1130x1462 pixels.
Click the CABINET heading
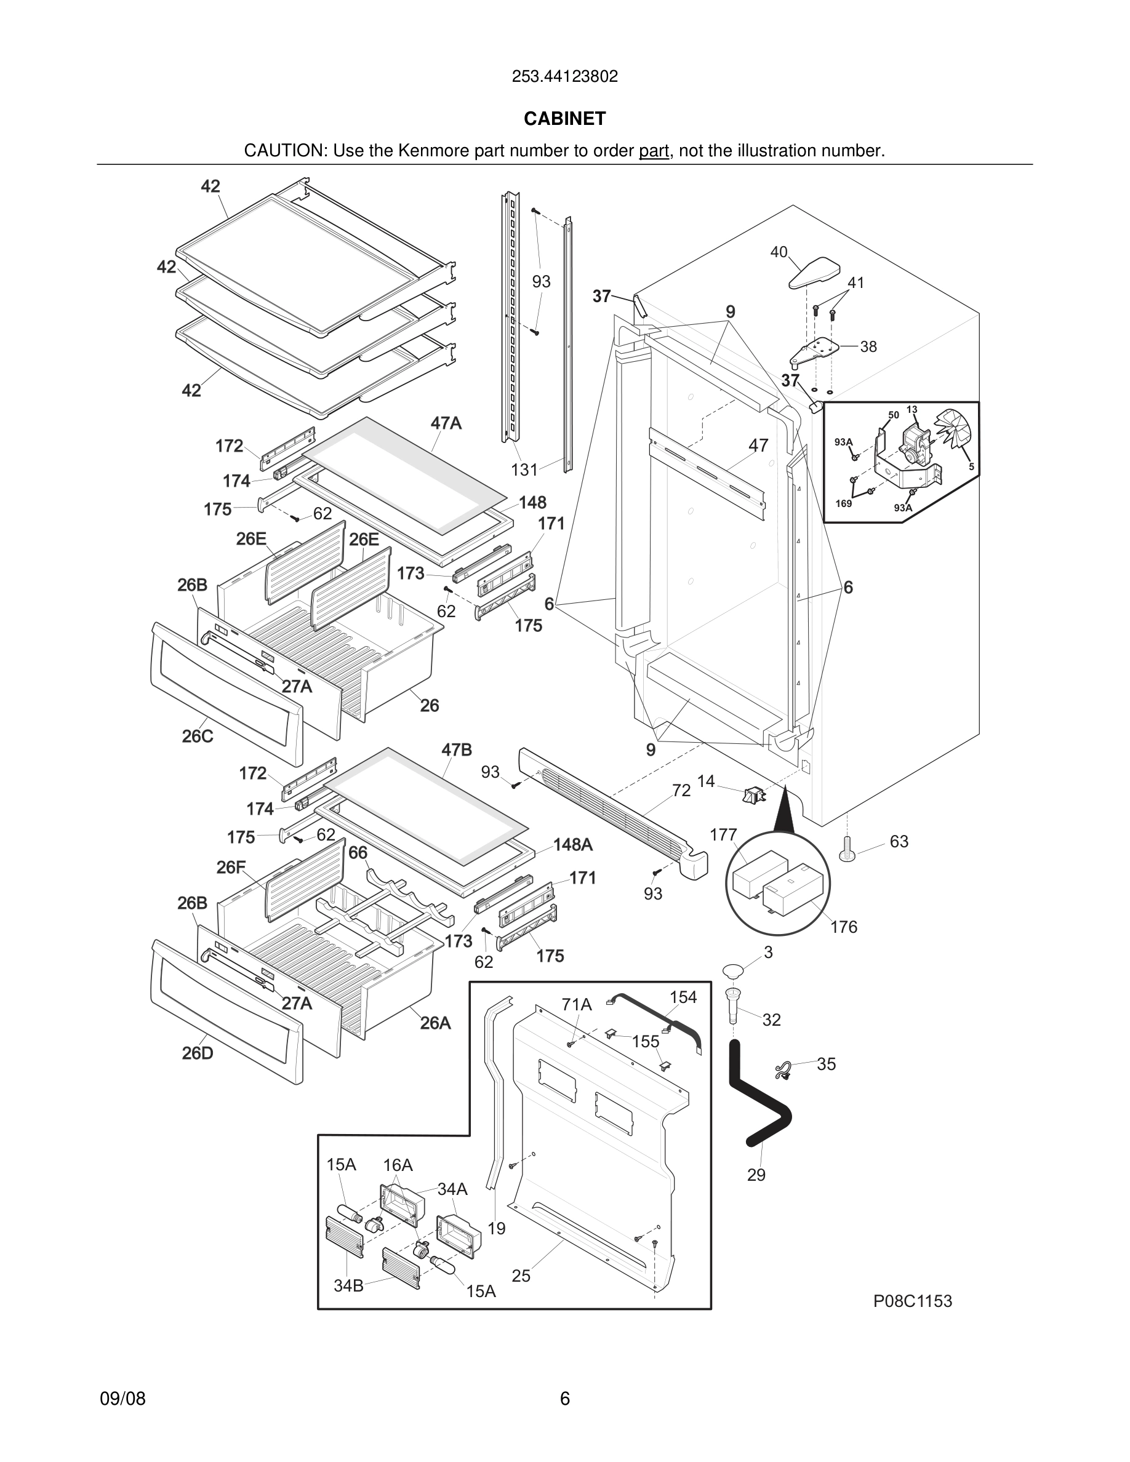[564, 119]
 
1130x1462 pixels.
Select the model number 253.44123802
[564, 76]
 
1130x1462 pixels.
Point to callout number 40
[779, 252]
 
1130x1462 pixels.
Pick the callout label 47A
[446, 423]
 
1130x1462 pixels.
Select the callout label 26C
[198, 737]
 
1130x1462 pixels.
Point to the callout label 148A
[573, 845]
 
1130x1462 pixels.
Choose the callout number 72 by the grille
[681, 791]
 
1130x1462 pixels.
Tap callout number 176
[843, 927]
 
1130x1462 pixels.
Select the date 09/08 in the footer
[122, 1399]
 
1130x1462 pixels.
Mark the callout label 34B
[348, 1285]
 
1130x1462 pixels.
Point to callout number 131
[524, 470]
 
